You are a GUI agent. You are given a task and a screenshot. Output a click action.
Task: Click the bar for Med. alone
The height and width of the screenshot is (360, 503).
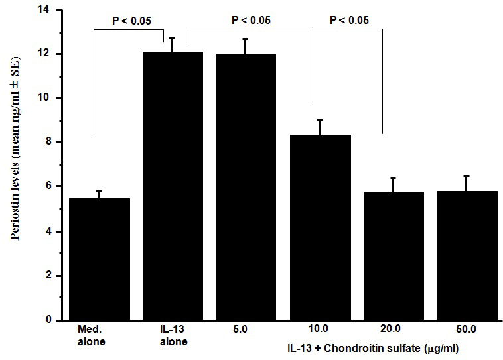[100, 259]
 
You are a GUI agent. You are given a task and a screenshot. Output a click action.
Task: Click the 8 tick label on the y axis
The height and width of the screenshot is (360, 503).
[48, 142]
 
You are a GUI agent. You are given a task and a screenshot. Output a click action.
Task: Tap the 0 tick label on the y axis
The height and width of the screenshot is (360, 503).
[48, 320]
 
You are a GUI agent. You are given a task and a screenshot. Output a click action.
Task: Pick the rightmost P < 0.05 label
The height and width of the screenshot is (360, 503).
[349, 20]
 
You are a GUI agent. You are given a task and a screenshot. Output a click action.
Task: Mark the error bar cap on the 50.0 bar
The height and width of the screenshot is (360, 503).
[467, 176]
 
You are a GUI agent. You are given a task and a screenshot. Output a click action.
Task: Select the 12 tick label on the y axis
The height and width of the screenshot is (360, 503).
[46, 54]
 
